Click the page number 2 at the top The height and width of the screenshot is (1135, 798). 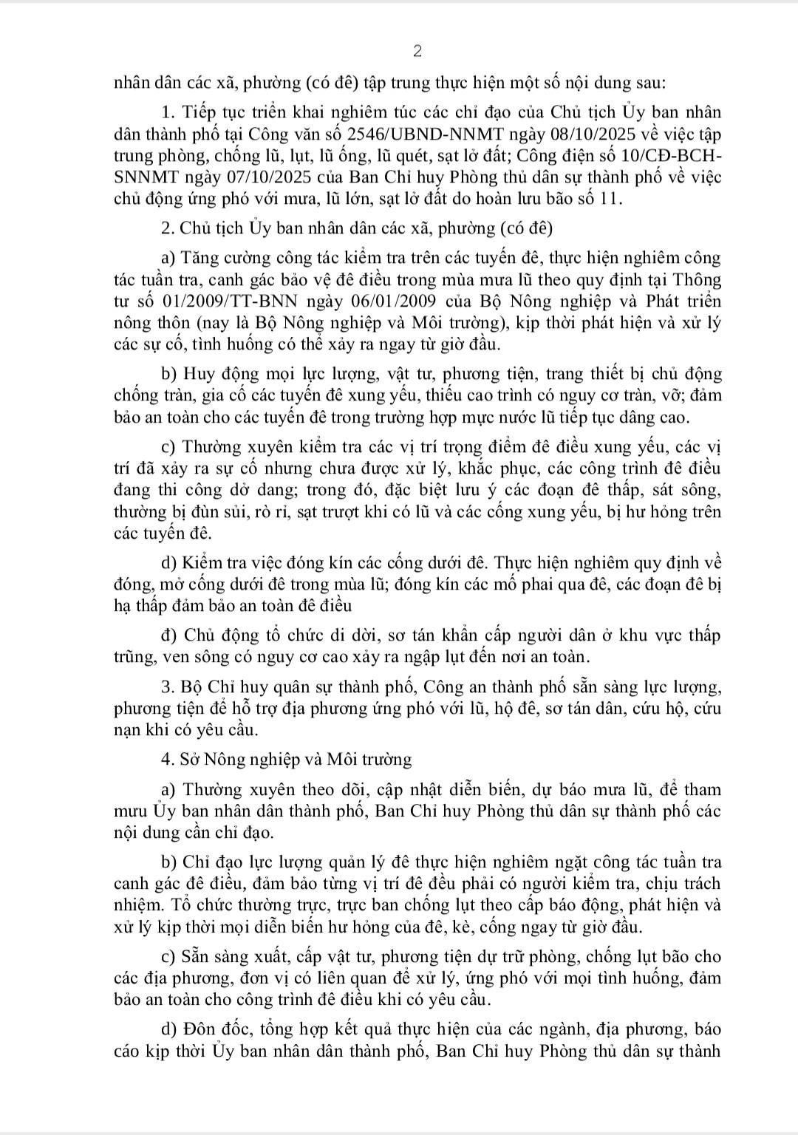tap(417, 51)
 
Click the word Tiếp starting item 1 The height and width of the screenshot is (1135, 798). tap(197, 113)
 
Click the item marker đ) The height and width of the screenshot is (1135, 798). tap(169, 635)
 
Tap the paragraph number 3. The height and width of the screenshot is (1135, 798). tap(166, 687)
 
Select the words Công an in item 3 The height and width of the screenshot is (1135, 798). tap(460, 687)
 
